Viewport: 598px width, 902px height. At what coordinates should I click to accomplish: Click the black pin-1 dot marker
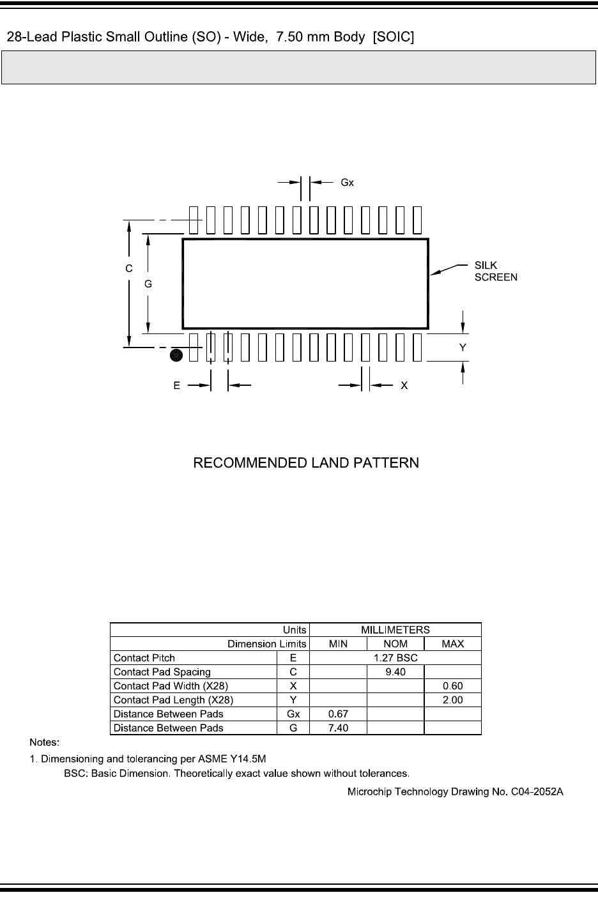177,355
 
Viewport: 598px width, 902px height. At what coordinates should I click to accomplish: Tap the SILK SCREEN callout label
495,271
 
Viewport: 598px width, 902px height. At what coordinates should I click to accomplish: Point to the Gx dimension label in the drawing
347,182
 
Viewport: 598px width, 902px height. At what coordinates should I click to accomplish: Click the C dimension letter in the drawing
129,269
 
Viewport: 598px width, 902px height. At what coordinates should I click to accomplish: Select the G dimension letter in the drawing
148,284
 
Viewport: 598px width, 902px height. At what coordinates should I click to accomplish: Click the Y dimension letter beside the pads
463,348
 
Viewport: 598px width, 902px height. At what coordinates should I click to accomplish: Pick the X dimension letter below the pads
404,386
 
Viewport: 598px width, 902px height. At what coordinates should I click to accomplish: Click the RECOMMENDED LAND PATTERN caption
306,462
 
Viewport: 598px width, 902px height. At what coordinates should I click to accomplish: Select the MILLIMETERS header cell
395,630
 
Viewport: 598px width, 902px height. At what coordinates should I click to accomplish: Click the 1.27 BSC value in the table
395,658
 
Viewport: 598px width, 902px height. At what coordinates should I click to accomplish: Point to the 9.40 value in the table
395,672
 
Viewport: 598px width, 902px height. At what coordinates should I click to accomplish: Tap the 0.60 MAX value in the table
452,686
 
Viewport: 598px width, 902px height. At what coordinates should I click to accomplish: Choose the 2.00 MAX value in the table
452,700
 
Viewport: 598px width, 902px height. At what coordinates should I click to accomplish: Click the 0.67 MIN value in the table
338,714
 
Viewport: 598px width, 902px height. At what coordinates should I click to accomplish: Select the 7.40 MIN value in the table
338,728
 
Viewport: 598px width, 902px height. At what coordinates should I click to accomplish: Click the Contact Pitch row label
144,658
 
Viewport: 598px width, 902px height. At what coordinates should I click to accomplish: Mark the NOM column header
395,644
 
